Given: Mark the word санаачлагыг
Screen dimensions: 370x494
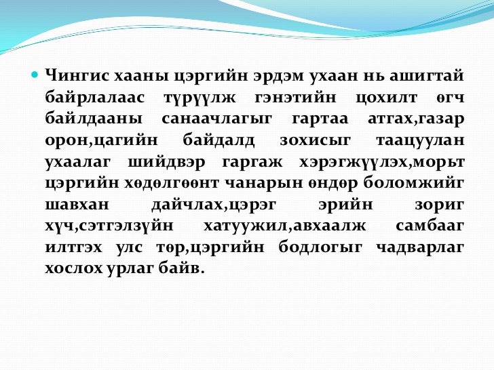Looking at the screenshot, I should (216, 119).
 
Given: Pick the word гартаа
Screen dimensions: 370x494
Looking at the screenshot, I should (318, 119).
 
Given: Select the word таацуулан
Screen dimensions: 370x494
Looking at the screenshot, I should (420, 141).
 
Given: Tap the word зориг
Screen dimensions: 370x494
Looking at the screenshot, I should (440, 207).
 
